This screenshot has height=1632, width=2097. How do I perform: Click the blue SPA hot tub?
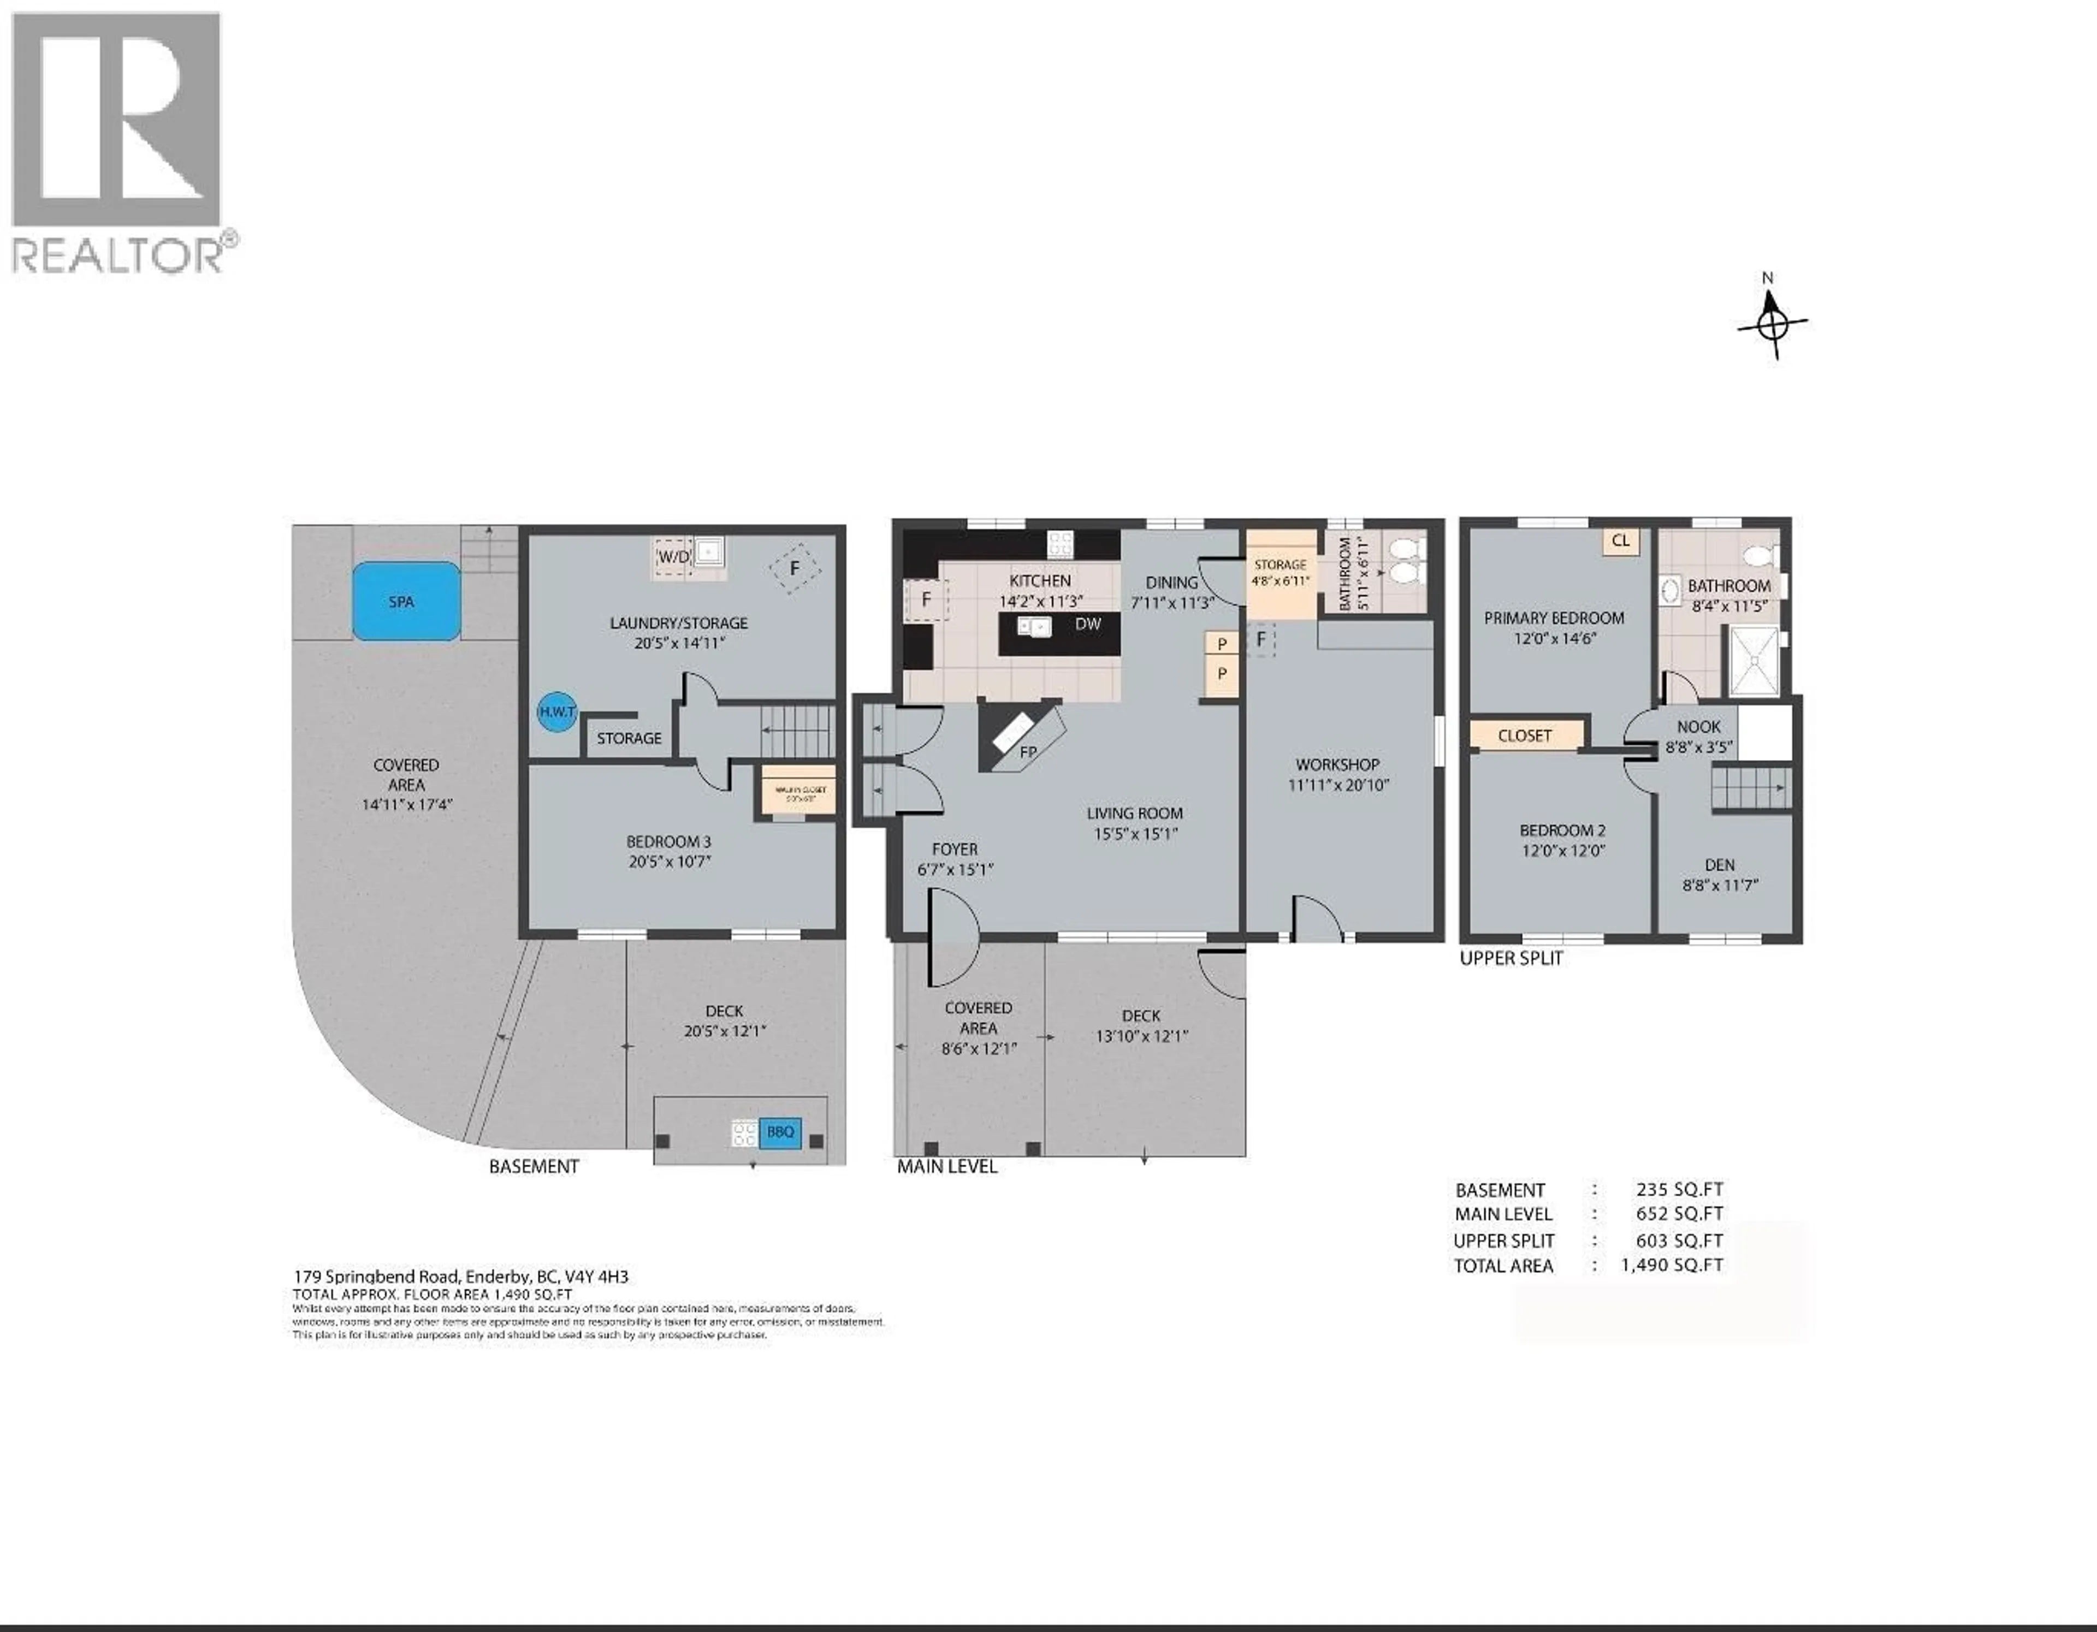click(x=405, y=601)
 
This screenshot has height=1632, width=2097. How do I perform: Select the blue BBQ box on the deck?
click(x=780, y=1132)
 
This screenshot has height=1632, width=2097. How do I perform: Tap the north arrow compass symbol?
click(x=1773, y=324)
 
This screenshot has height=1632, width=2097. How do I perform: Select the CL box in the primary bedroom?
click(x=1621, y=541)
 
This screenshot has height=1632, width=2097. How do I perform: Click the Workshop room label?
click(x=1337, y=764)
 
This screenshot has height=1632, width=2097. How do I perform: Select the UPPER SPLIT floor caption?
click(x=1511, y=958)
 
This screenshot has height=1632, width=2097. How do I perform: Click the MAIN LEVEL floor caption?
click(x=947, y=1166)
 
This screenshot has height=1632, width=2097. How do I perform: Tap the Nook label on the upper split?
click(x=1698, y=727)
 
